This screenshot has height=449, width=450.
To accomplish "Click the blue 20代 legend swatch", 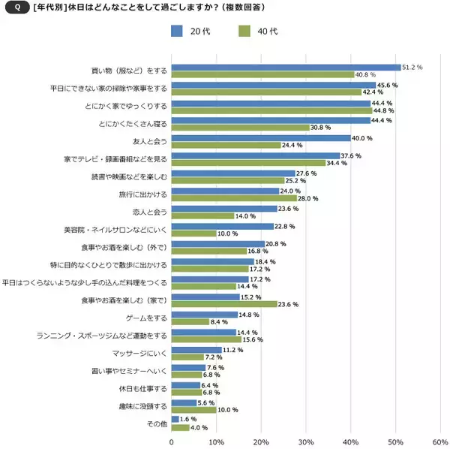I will coord(177,31).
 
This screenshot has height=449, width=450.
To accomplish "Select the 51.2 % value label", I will coord(412,67).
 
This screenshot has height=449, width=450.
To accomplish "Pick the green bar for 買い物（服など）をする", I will coord(262,74).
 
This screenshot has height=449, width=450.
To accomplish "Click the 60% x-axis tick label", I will coord(439,441).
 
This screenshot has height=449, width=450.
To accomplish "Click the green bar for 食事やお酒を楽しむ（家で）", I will coord(224,304).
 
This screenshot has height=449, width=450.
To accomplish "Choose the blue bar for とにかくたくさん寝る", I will coord(271,120).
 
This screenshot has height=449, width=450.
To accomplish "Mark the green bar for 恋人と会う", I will coord(202,215).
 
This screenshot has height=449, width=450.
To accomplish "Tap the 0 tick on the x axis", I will coord(172,441).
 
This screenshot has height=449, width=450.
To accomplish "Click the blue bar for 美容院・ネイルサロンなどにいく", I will coord(223,226).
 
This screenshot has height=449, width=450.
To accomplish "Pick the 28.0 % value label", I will coord(308,199).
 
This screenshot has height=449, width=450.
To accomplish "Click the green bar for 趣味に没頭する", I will coord(193,410).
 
